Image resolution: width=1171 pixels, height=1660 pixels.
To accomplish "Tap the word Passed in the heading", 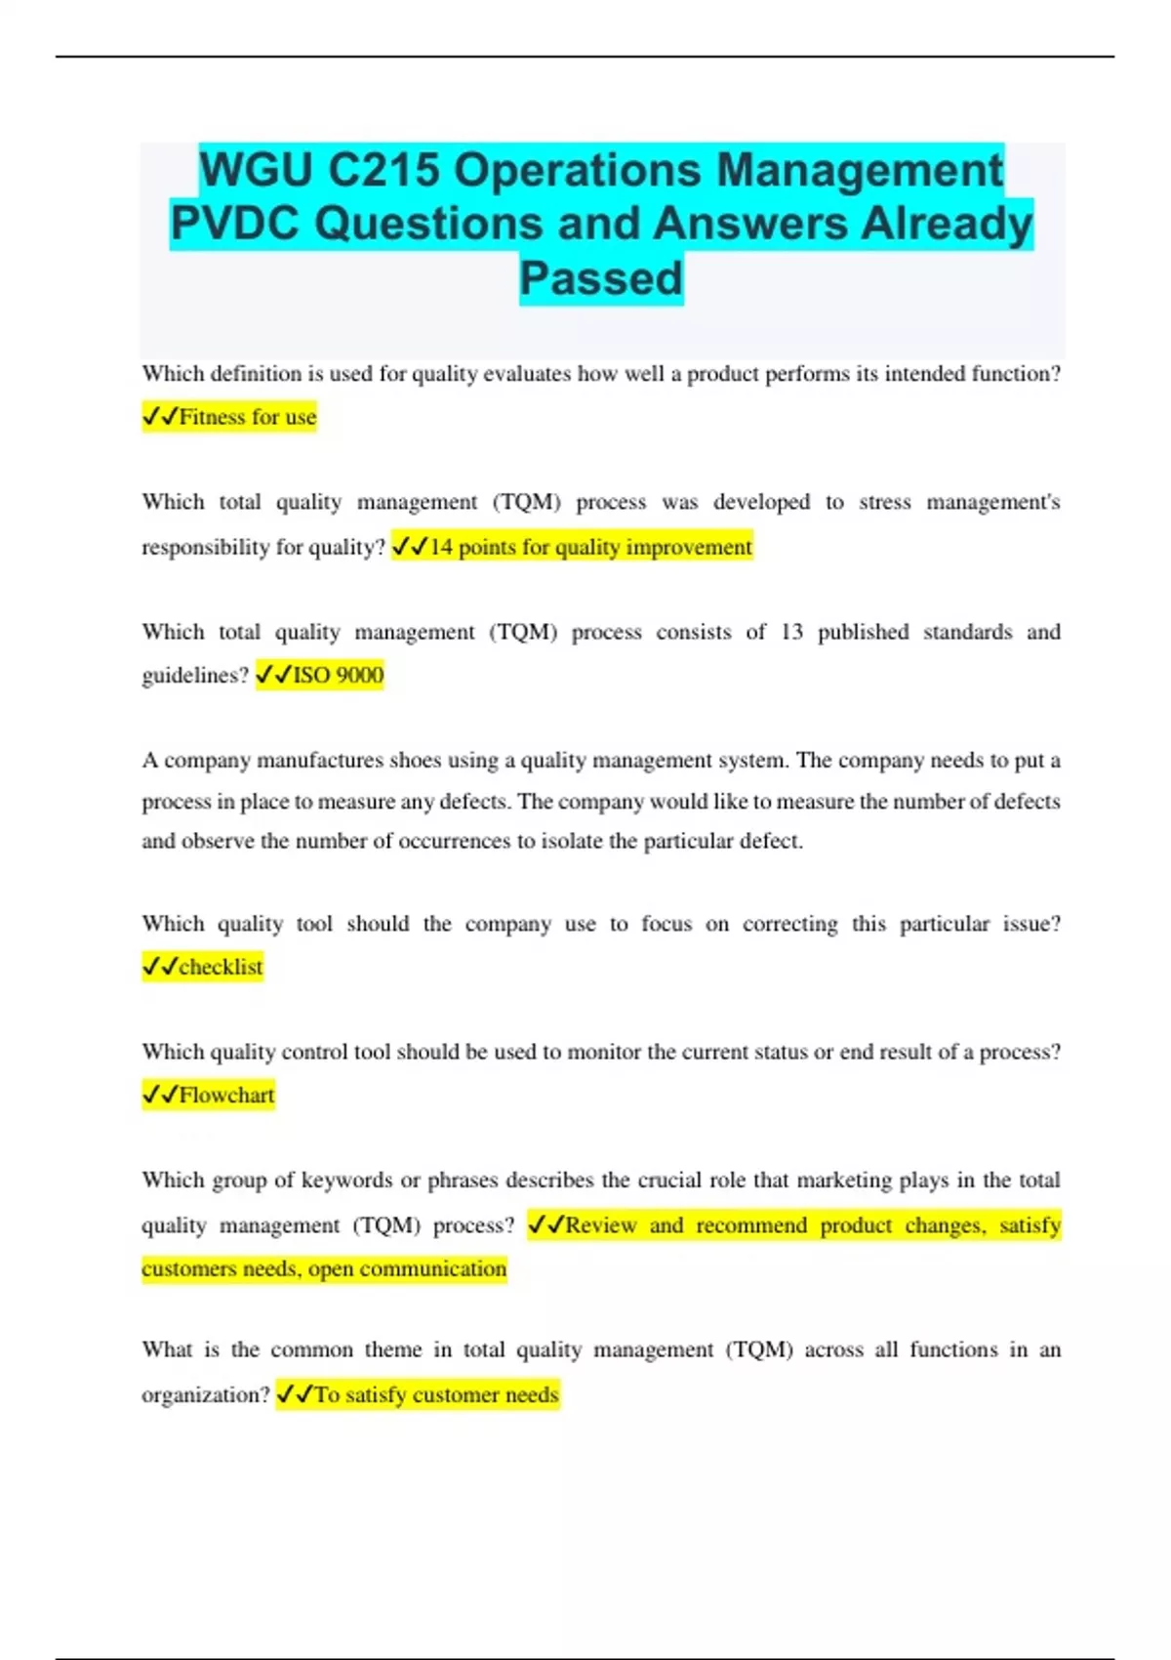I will pos(601,278).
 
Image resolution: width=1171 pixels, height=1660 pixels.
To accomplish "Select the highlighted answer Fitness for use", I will pos(247,417).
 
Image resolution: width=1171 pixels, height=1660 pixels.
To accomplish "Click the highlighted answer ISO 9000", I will pos(338,675).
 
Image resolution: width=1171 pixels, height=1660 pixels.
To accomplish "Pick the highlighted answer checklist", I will pos(221,967).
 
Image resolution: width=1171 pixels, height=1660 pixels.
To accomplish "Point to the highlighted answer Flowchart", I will pos(226,1095).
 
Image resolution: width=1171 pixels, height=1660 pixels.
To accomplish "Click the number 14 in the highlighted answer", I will pos(441,547).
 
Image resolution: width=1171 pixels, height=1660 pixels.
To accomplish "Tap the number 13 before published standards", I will pos(791,632).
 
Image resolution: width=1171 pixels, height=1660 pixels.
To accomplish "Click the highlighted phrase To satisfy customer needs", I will pos(435,1394).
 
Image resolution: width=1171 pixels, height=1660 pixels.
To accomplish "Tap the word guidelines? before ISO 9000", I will pos(195,675).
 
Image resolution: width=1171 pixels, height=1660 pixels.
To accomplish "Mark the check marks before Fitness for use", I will pos(160,417).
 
